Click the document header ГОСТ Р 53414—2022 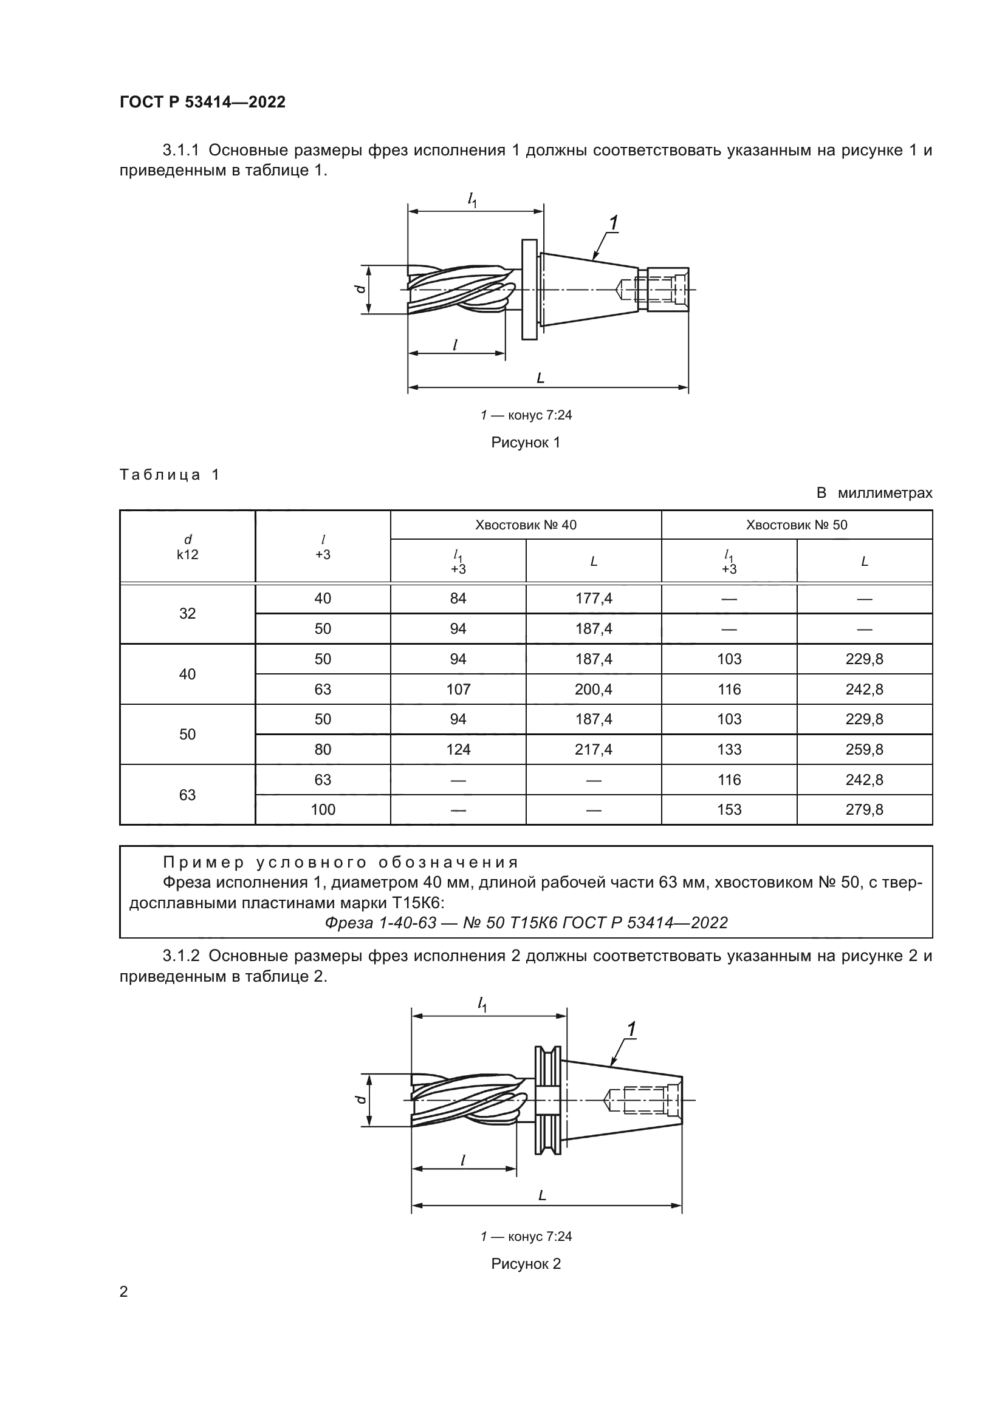pos(202,102)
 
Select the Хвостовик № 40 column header pos(526,525)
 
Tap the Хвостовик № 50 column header pos(797,525)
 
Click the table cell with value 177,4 pos(594,598)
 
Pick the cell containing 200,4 pos(594,689)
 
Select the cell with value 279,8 pos(865,810)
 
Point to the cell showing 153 pos(729,810)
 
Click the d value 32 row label pos(188,614)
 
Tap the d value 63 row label pos(188,795)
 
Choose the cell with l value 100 pos(323,810)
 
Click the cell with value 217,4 pos(594,750)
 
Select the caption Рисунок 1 pos(526,443)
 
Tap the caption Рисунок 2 pos(526,1264)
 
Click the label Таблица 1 pos(170,475)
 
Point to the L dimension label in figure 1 pos(540,378)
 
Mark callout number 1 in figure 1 pos(613,223)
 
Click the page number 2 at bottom pos(124,1291)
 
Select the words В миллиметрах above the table pos(874,493)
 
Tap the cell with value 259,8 pos(865,750)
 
